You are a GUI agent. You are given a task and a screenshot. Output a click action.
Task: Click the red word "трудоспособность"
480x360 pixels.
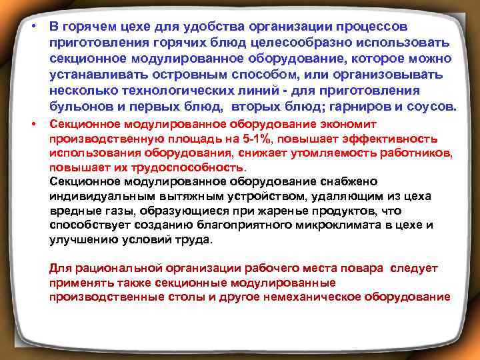(187, 167)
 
